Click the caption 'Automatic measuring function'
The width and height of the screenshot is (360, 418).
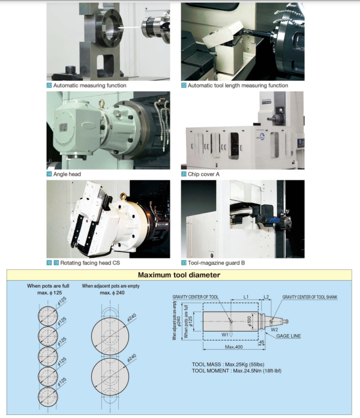point(89,85)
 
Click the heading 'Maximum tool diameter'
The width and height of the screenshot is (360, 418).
point(179,275)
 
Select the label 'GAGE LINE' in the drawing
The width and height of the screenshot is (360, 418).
point(289,336)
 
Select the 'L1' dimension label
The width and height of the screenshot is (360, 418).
point(247,297)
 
